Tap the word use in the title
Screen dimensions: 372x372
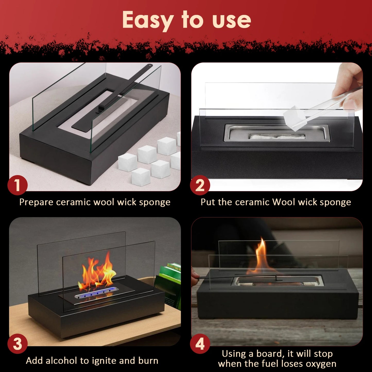pos(231,21)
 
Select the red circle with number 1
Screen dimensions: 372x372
pos(18,185)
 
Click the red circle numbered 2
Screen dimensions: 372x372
pos(200,185)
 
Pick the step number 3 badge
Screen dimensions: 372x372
pos(18,344)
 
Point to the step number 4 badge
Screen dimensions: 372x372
pos(200,344)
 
